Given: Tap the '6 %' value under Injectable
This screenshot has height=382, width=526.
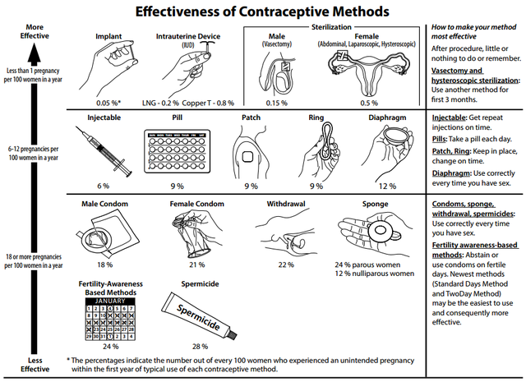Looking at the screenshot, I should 104,186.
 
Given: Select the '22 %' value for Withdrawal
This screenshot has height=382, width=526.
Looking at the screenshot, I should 286,265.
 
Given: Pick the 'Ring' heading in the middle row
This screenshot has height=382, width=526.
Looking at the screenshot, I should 316,118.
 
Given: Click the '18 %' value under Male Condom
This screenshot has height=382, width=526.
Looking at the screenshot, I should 104,265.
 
